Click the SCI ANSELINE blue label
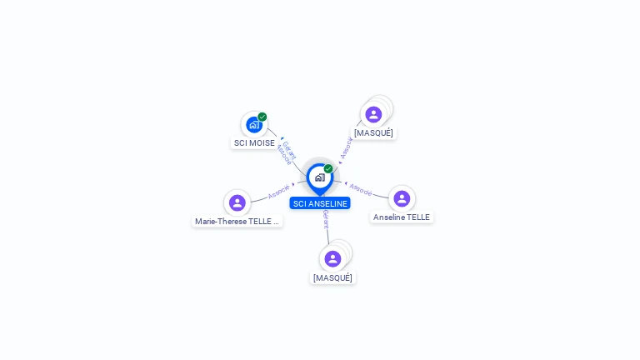(x=320, y=203)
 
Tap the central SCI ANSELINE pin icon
(x=320, y=177)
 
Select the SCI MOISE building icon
(x=254, y=125)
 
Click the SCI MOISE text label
(x=254, y=142)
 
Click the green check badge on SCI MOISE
(x=262, y=117)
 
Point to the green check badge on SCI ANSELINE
(x=328, y=168)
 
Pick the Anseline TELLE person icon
(x=402, y=198)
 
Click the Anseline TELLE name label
(x=402, y=217)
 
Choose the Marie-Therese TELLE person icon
(x=237, y=202)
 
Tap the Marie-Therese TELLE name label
(x=237, y=222)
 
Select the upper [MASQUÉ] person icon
(x=373, y=114)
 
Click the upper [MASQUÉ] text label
(x=373, y=132)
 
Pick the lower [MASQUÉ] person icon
(x=332, y=259)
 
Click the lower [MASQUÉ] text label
(x=332, y=277)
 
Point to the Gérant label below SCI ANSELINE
(x=326, y=220)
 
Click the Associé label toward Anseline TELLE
(x=361, y=189)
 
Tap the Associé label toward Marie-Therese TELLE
(x=278, y=192)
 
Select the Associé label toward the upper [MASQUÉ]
(x=346, y=148)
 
